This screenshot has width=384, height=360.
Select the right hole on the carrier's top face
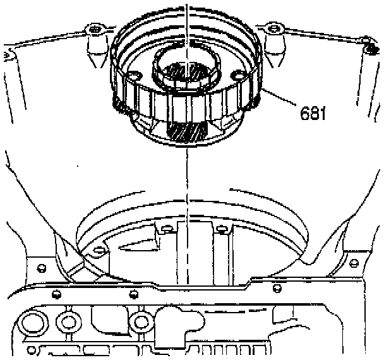coord(237,76)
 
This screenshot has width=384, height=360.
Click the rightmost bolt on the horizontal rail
coord(276,289)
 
